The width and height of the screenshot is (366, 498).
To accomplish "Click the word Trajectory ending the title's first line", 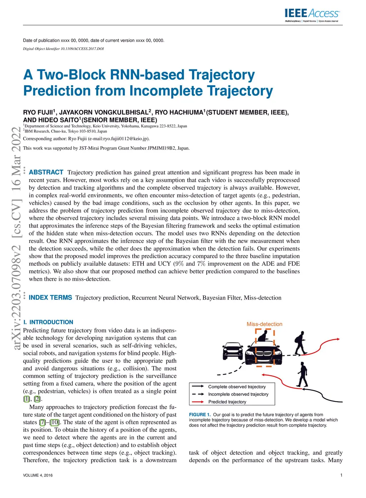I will [222, 75].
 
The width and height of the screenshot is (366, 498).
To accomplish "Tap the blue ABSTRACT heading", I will [46, 172].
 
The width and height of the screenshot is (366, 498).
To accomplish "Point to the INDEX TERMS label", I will [50, 298].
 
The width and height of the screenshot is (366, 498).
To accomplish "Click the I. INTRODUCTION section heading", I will [48, 322].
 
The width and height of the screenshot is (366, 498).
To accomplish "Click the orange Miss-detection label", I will [264, 324].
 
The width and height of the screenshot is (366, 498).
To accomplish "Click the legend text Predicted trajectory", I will [227, 402].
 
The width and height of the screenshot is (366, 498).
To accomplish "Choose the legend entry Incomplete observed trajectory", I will [238, 394].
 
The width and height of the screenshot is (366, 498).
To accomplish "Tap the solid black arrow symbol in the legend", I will [198, 386].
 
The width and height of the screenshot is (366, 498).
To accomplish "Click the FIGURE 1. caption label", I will [200, 415].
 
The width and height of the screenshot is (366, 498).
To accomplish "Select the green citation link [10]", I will [55, 422].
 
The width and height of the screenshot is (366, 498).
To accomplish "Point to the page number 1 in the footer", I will [341, 475].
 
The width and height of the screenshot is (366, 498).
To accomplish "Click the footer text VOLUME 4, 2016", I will [38, 475].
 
